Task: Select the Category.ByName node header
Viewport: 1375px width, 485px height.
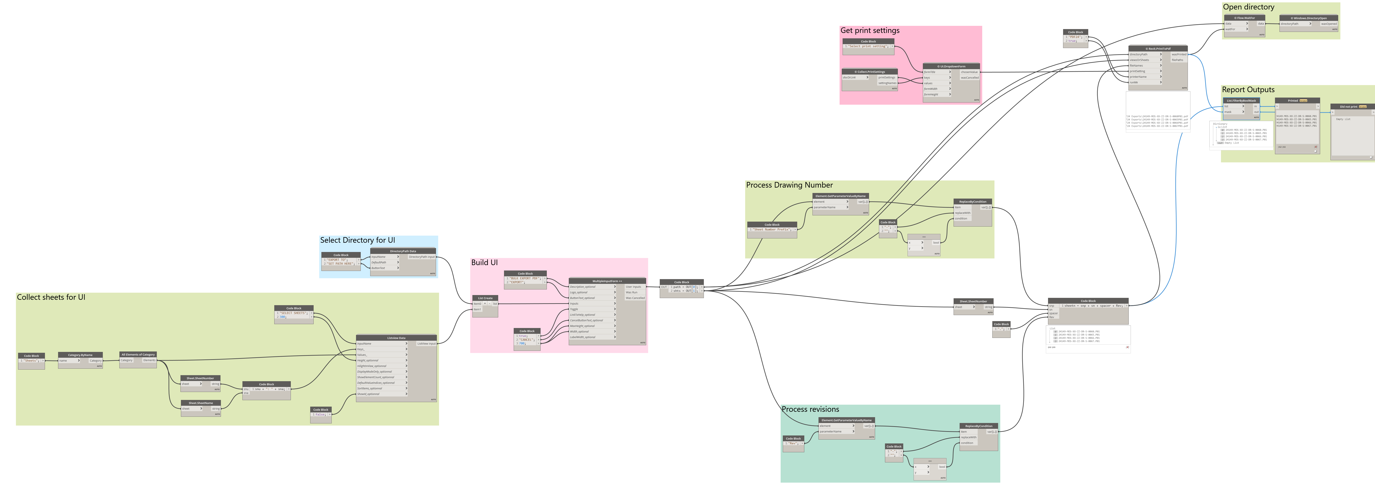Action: point(80,355)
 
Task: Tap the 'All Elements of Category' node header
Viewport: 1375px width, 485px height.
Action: point(138,354)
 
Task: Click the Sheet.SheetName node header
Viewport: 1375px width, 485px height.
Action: point(200,403)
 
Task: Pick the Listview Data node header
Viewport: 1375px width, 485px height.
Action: point(396,337)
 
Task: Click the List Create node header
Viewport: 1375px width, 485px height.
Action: point(485,298)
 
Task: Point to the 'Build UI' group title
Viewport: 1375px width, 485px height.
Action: point(484,262)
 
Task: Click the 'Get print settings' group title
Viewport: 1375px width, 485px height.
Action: point(869,30)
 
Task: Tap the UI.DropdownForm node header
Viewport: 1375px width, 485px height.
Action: point(951,66)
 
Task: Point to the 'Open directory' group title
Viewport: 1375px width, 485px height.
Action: point(1248,7)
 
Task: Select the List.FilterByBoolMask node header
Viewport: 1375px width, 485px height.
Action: point(1241,100)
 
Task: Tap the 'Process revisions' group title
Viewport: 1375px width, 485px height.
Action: point(810,409)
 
